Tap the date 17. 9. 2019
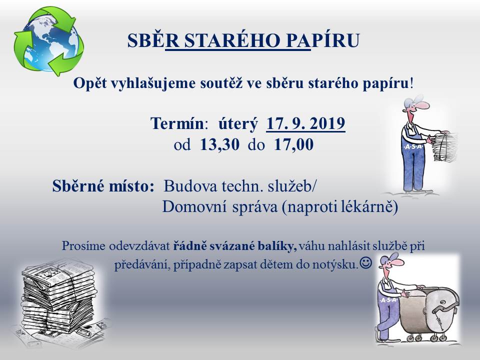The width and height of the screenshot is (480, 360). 306,123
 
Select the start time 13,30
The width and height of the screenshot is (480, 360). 219,144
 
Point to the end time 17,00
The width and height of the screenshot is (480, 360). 294,144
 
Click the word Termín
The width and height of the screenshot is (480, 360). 177,123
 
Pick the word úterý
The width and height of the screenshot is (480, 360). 238,124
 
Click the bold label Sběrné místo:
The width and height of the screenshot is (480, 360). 103,186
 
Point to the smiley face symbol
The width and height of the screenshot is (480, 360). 365,262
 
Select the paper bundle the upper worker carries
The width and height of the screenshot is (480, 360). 445,147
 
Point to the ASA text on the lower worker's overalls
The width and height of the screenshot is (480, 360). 388,300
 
